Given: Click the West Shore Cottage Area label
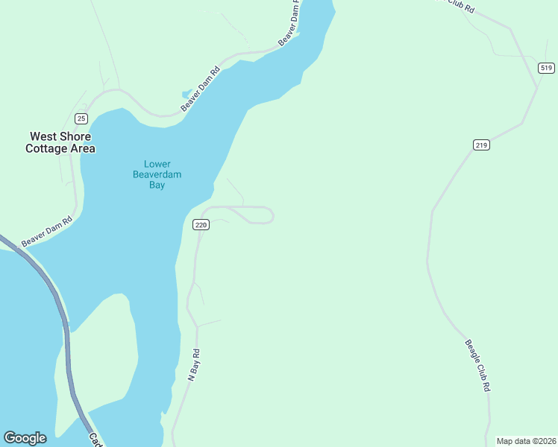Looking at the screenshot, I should (60, 142).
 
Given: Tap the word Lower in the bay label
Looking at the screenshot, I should (157, 165).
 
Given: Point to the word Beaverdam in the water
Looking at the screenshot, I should (157, 175).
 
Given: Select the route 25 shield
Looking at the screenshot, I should (81, 118).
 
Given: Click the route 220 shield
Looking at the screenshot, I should (200, 224).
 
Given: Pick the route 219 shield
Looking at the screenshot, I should (481, 145).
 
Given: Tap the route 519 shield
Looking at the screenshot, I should (546, 68).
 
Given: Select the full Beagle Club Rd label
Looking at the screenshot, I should (478, 366).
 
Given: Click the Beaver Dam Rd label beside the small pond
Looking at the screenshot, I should (201, 91).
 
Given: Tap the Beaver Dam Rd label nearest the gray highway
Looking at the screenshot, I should (46, 231).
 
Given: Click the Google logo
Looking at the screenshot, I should (25, 438).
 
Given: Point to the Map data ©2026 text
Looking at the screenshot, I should (526, 441).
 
